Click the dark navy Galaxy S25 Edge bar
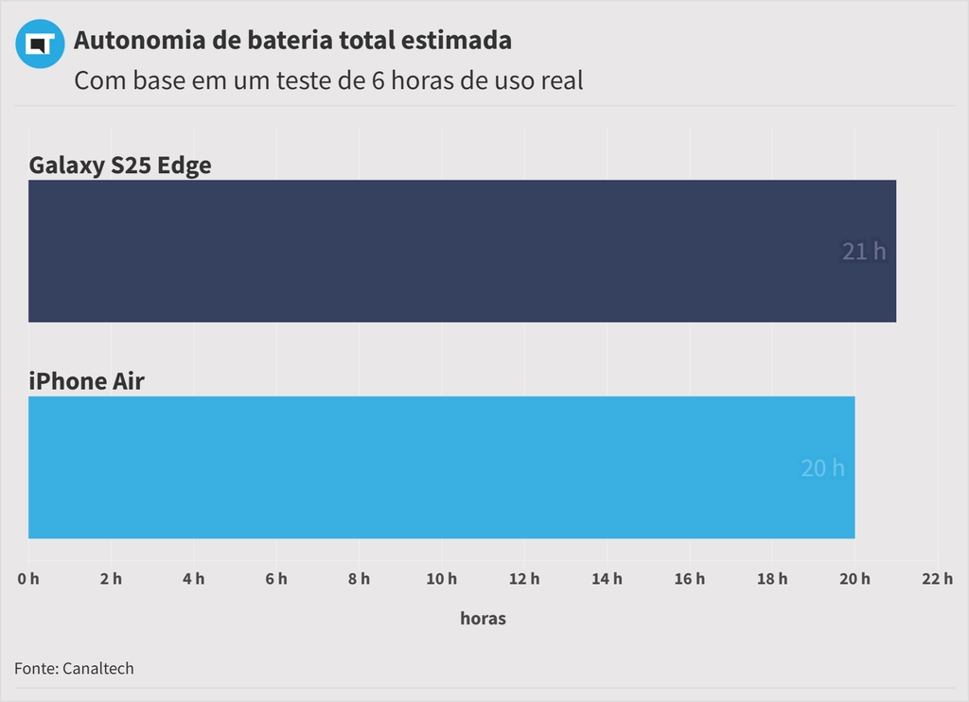point(462,251)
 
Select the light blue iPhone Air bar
point(441,467)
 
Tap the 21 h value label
point(864,252)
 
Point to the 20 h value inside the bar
point(822,468)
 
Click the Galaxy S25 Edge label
point(120,166)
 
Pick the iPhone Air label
point(86,381)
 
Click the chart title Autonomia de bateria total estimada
point(292,41)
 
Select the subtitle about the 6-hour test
point(328,80)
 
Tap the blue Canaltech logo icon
point(40,44)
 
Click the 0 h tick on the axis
point(28,579)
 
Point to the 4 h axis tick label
point(194,579)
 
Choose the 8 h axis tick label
point(359,579)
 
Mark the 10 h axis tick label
point(441,579)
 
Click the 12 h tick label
point(524,579)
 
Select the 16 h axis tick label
point(689,579)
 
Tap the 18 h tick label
point(772,579)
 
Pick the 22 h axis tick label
point(937,579)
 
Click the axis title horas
point(483,619)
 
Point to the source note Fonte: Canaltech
point(74,669)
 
